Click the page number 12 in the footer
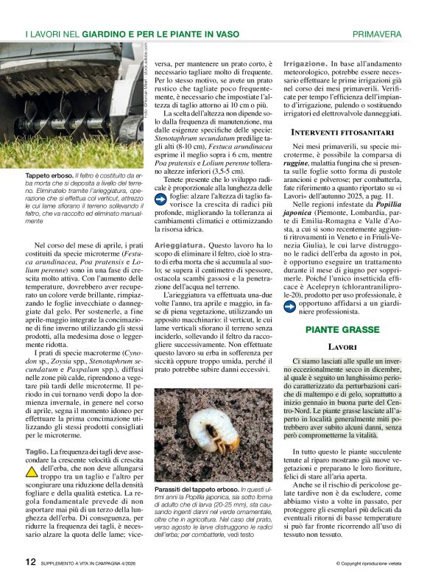tap(30, 562)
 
